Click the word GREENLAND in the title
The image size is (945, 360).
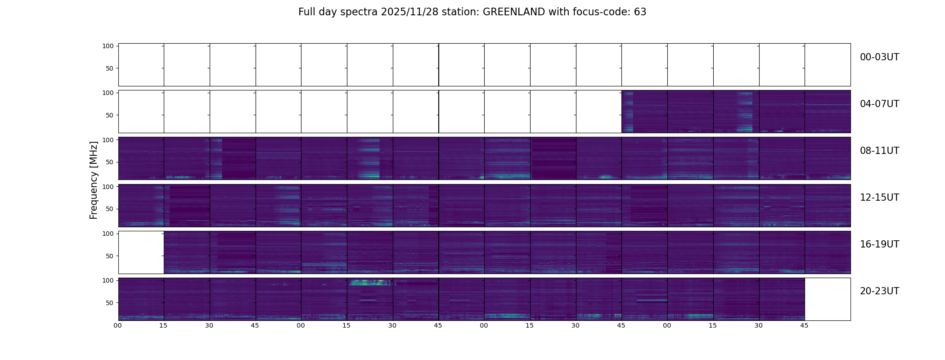(513, 12)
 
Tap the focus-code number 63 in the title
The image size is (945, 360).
(640, 12)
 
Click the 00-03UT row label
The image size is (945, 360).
(879, 57)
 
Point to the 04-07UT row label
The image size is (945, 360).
(879, 104)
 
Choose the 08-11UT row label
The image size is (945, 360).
(879, 151)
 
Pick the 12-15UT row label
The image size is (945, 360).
(879, 198)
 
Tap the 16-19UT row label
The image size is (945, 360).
(879, 244)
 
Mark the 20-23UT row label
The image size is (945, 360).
(879, 291)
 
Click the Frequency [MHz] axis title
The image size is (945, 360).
(94, 180)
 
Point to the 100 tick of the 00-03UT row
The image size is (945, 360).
(108, 46)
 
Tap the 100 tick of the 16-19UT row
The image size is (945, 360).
(108, 234)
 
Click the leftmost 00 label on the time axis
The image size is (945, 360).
(118, 325)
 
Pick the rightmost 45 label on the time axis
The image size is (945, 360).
(804, 325)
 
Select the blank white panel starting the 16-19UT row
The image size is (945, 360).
(141, 252)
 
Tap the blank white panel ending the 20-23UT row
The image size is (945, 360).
(827, 299)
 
